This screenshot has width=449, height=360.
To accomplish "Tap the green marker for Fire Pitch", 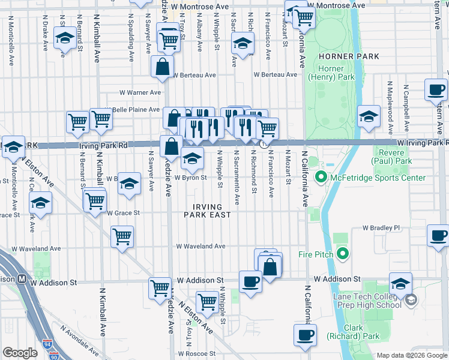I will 343,254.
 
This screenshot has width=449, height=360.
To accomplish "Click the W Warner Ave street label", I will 139,93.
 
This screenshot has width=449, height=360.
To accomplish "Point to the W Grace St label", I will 123,213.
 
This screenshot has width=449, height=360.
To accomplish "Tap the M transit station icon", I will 22,279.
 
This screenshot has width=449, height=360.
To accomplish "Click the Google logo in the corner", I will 20,353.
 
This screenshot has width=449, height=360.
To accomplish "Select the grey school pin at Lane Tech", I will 411,299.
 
